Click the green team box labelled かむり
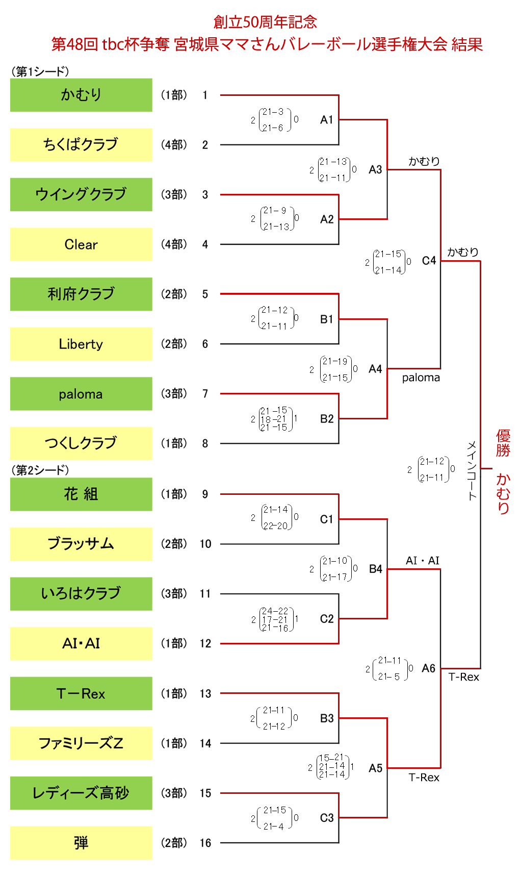(x=81, y=95)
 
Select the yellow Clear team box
(x=81, y=244)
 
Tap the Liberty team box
(x=81, y=344)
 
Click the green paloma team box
(x=81, y=394)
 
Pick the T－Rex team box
(x=81, y=693)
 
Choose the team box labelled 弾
(x=81, y=843)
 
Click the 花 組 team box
(x=81, y=494)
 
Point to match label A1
(x=326, y=120)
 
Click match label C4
(x=429, y=261)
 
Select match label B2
(x=326, y=419)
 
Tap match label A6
(x=428, y=668)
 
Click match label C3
(x=326, y=818)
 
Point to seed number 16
(x=205, y=843)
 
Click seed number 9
(x=205, y=494)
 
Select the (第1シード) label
(x=40, y=71)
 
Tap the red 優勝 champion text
(x=503, y=443)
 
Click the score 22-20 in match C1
(x=276, y=526)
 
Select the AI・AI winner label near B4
(x=422, y=560)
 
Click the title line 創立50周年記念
(x=265, y=22)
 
